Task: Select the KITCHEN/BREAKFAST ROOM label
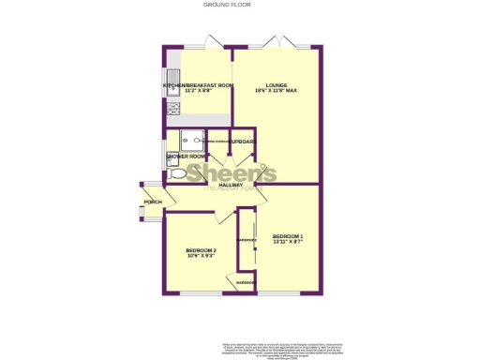point(198,85)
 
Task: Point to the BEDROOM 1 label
point(289,234)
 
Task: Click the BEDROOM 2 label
point(202,250)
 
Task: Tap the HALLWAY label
point(231,185)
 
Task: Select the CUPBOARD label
point(244,142)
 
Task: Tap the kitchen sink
point(173,79)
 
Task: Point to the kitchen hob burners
point(172,109)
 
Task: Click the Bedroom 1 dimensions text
point(289,241)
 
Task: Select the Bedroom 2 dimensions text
point(202,256)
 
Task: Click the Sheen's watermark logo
point(231,174)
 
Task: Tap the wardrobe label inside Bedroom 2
point(246,282)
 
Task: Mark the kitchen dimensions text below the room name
point(198,91)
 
